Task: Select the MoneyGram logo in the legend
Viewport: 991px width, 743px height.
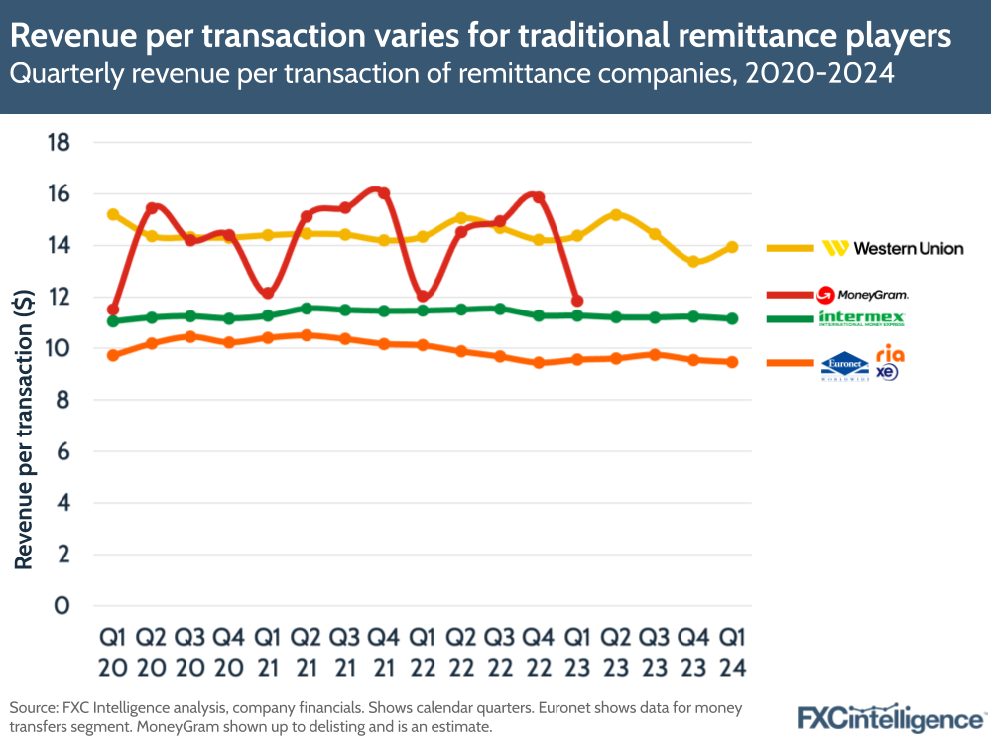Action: click(861, 294)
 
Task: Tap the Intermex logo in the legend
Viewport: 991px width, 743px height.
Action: click(861, 318)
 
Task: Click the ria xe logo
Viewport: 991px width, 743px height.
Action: click(889, 362)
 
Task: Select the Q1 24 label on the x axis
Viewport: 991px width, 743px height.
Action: click(731, 650)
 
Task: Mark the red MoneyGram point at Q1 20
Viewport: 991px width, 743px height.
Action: click(113, 310)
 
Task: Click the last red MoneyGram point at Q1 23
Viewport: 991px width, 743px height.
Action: click(576, 300)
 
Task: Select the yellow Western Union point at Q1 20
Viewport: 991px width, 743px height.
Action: click(113, 214)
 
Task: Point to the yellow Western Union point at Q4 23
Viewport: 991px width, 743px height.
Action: click(693, 262)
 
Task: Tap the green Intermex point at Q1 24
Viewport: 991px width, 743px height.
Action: click(731, 318)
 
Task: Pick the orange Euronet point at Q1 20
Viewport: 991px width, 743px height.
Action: click(113, 355)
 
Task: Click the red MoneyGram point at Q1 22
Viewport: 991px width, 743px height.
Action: click(423, 296)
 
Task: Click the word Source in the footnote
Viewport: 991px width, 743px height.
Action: click(33, 709)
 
